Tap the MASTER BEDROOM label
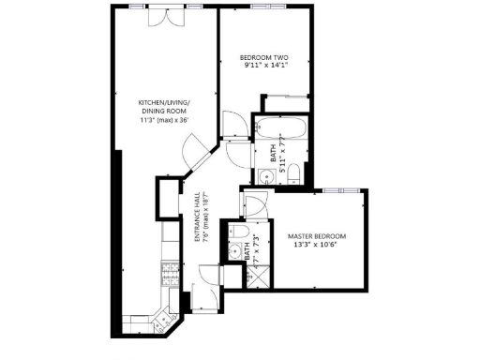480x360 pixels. pos(316,235)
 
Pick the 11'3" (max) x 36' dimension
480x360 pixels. pos(164,119)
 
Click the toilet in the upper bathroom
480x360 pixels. pos(292,171)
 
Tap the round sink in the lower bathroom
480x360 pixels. pos(232,251)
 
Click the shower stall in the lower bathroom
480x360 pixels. pos(247,275)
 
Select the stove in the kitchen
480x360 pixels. pos(172,275)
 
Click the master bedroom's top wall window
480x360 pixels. pos(332,190)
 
